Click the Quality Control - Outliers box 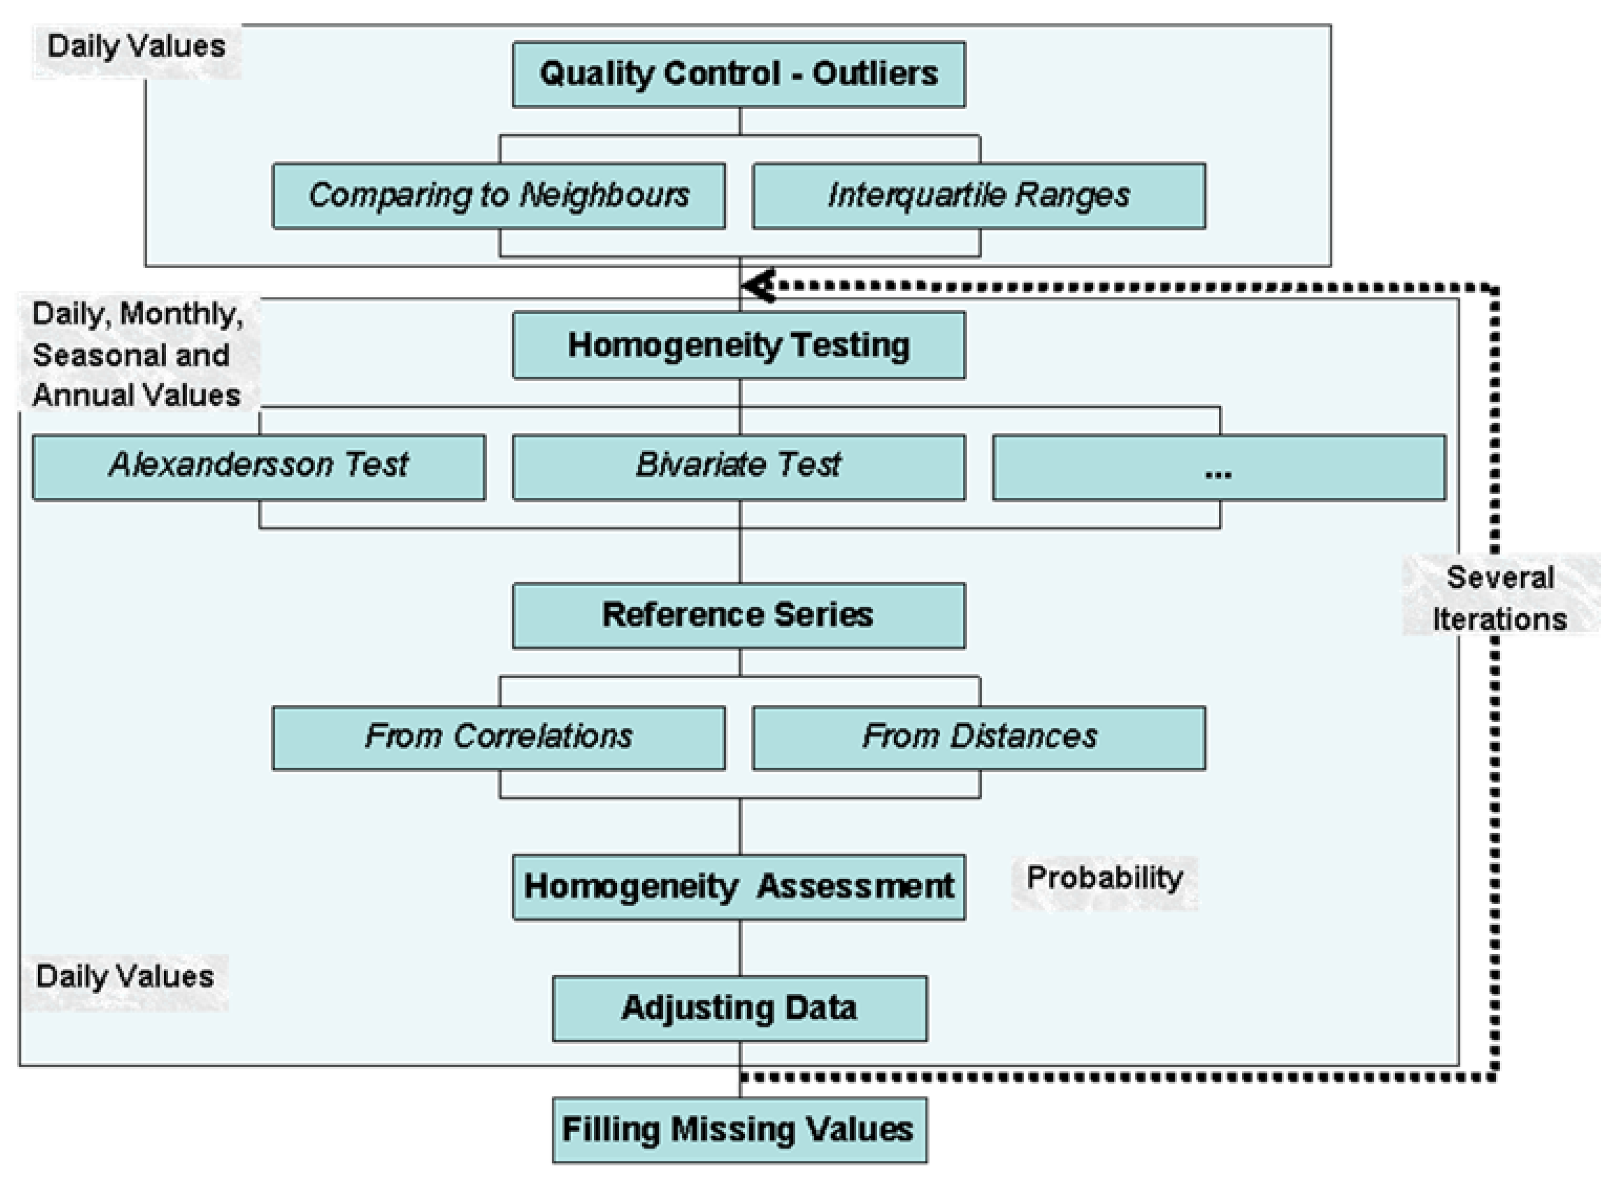pos(739,74)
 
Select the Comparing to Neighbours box pos(498,195)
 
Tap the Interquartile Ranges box pos(978,195)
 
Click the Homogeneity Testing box pos(739,345)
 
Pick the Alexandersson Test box pos(259,467)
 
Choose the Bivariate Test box pos(739,467)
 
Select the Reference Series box pos(739,615)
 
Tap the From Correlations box pos(498,737)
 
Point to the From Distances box pos(978,737)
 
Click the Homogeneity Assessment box pos(739,887)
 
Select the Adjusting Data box pos(740,1008)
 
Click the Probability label pos(1104,878)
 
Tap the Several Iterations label pos(1500,598)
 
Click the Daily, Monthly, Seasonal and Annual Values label pos(137,355)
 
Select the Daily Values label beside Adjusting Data pos(125,977)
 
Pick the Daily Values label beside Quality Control pos(135,47)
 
